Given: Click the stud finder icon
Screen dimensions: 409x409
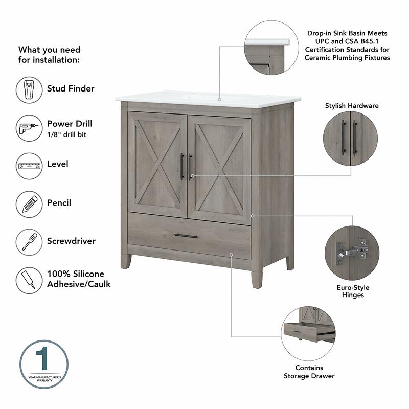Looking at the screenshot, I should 29,90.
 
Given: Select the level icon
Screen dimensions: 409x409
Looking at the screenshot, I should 29,166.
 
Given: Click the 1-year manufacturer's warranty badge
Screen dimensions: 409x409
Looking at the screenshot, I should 44,364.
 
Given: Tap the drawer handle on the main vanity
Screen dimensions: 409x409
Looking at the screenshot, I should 185,236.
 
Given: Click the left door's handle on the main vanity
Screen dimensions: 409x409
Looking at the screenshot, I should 181,167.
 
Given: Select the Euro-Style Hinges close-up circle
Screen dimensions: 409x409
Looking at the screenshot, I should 351,253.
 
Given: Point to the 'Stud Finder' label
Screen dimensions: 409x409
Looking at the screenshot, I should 71,88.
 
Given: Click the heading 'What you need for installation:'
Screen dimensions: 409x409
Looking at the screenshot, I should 50,55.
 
